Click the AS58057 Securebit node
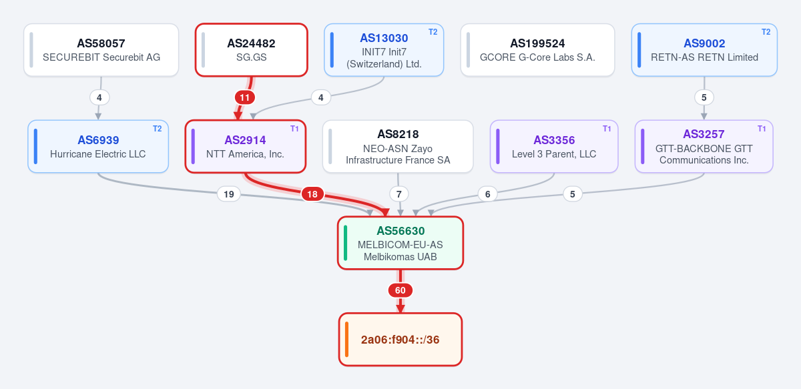pos(101,50)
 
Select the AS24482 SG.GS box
pos(252,50)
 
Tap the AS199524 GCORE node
pos(537,50)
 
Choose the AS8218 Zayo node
pos(398,147)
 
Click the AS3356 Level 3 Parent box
pos(554,147)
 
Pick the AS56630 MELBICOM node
pos(400,243)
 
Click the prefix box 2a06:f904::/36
pos(400,340)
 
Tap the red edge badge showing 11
pos(244,97)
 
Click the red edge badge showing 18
pos(312,194)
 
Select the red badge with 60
pos(400,290)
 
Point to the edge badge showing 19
pos(229,194)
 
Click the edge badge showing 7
pos(399,194)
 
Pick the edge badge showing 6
pos(488,194)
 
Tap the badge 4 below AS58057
pos(99,97)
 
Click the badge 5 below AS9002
pos(704,97)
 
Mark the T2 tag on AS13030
pos(433,32)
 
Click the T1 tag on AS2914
pos(294,129)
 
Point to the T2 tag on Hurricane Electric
pos(158,129)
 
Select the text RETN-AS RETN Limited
pos(704,57)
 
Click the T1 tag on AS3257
pos(762,129)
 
